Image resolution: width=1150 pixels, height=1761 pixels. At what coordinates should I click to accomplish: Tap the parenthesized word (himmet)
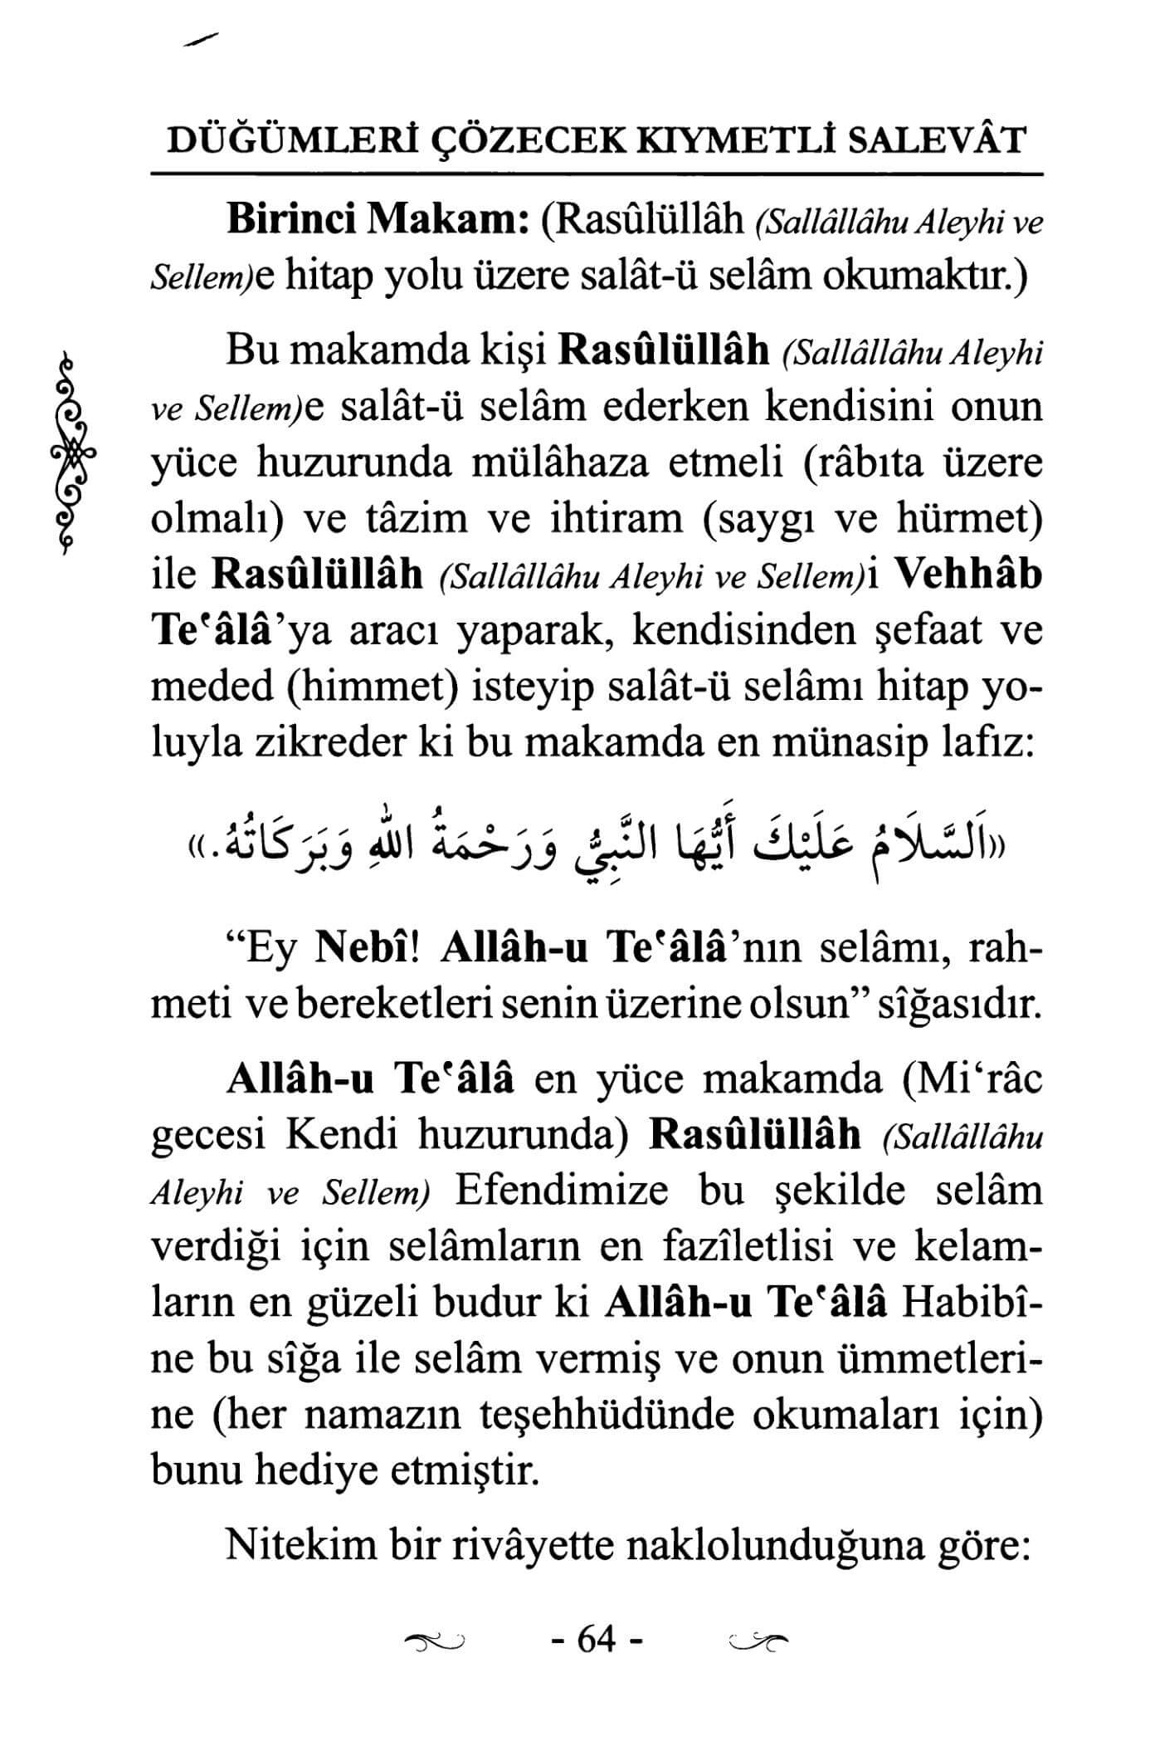[363, 687]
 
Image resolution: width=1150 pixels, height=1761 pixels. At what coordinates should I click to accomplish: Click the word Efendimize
[561, 1191]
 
